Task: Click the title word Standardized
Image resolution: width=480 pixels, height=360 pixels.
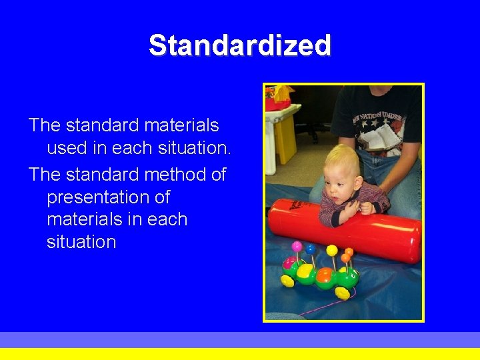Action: point(239,46)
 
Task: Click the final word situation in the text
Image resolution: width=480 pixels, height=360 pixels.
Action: point(81,241)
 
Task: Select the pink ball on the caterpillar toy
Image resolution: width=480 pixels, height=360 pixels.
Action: point(297,247)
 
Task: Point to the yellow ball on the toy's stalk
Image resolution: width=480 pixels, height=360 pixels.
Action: point(331,250)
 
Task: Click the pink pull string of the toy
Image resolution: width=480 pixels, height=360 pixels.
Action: point(327,305)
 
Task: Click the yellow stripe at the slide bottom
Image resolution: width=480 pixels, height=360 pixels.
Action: point(240,354)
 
